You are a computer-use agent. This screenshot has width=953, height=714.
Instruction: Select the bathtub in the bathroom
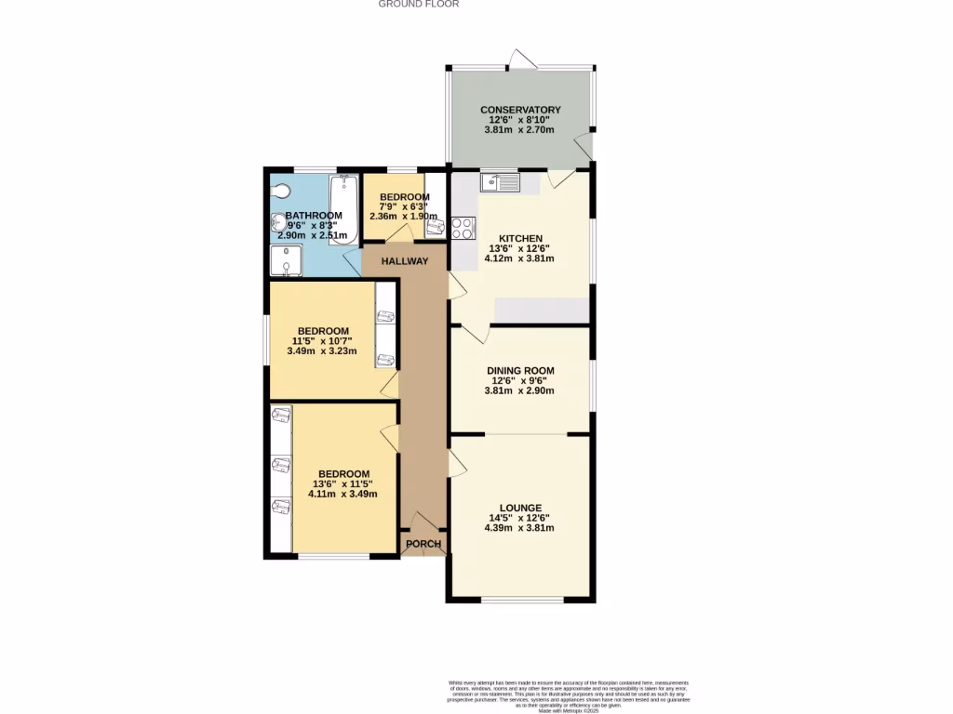[344, 207]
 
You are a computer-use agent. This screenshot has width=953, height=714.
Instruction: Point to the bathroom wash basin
[278, 223]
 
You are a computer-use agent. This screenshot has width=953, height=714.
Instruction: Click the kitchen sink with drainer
[500, 181]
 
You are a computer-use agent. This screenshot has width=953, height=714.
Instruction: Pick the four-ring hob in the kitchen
[463, 228]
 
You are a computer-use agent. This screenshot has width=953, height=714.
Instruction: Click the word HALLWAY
[405, 261]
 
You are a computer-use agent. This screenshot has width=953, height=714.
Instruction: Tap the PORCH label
[422, 544]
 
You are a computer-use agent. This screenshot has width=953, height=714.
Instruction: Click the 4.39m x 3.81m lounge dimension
[519, 528]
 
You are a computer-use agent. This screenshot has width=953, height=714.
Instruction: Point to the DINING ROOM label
[519, 371]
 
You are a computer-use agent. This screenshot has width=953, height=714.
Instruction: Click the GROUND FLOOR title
[418, 4]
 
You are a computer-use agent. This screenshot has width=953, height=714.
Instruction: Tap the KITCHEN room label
[519, 238]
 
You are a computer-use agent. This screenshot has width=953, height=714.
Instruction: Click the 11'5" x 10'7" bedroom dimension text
[323, 341]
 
